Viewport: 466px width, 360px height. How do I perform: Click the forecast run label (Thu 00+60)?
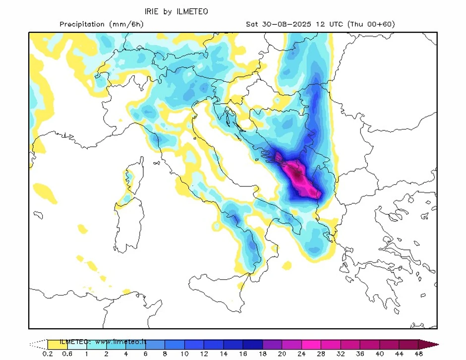(371, 24)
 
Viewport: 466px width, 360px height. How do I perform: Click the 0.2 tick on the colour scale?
(48, 354)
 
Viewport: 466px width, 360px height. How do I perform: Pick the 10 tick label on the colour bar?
(184, 354)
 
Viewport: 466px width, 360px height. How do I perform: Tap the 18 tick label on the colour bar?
(262, 354)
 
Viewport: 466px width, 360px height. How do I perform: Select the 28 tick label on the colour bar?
(321, 354)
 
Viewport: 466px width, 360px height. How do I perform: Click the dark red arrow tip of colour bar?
(428, 344)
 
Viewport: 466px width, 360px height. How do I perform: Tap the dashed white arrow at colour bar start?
(38, 344)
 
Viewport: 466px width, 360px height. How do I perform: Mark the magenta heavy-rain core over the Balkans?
(299, 176)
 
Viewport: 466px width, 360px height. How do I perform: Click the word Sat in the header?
(252, 24)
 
